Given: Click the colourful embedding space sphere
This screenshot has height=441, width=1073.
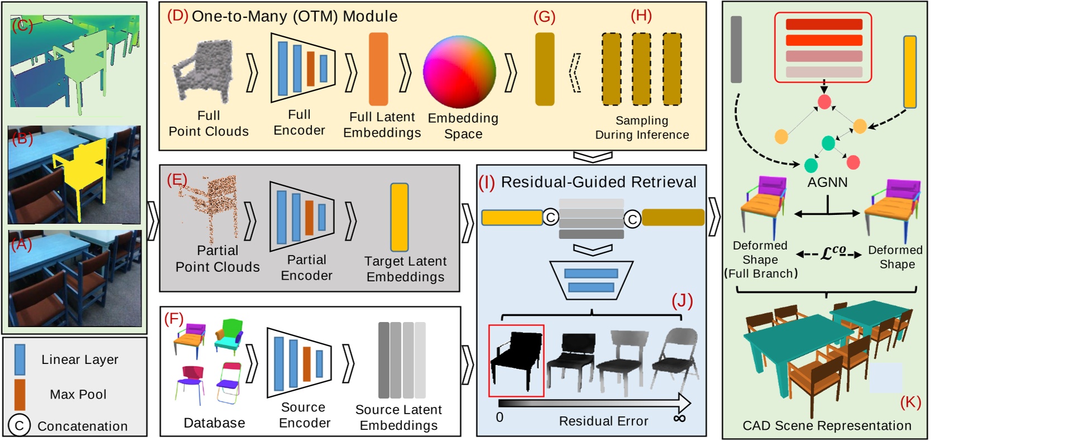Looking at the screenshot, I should tap(459, 71).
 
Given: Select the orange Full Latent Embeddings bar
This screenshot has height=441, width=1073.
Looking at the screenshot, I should tap(378, 69).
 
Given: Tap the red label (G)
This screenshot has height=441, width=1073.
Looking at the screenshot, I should tap(544, 17).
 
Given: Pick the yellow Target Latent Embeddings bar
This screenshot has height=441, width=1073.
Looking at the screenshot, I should tap(399, 217).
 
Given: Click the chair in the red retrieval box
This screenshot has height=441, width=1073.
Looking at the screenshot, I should tap(516, 360).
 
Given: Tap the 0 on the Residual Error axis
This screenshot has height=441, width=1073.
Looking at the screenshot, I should tap(499, 418).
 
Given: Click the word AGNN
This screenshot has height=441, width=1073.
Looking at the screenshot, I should tap(827, 183).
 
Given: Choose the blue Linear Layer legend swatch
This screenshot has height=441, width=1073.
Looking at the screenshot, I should tap(20, 359).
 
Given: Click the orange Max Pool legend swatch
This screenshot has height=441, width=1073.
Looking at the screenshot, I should tap(20, 394).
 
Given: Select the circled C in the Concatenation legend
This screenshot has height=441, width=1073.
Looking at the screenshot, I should tap(19, 426).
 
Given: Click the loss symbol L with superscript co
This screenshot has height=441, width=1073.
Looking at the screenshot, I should tap(832, 253).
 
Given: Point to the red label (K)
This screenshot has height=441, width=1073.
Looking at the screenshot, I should tap(910, 402).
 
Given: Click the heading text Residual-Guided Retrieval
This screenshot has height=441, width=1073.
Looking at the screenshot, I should tap(598, 182).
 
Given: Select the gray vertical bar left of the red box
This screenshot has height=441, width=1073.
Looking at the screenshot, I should tap(736, 49).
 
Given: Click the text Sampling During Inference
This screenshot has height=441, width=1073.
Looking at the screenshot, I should tap(641, 128).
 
